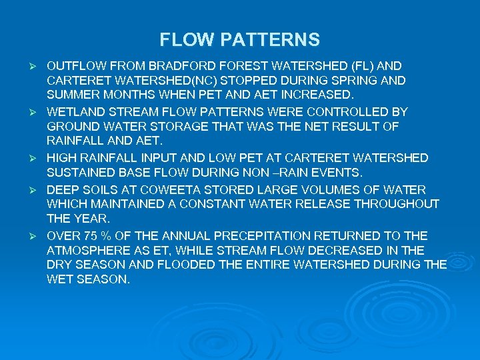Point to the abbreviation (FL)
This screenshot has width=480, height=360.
click(x=359, y=66)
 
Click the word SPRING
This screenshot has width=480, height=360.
click(x=361, y=79)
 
